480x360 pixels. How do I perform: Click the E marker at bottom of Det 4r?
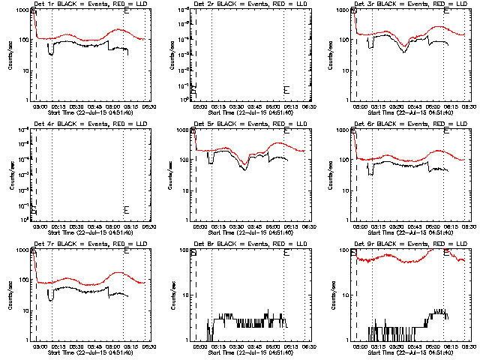[x=126, y=209]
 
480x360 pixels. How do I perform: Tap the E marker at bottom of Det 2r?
[x=286, y=90]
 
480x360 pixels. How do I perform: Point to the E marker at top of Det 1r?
[x=126, y=12]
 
